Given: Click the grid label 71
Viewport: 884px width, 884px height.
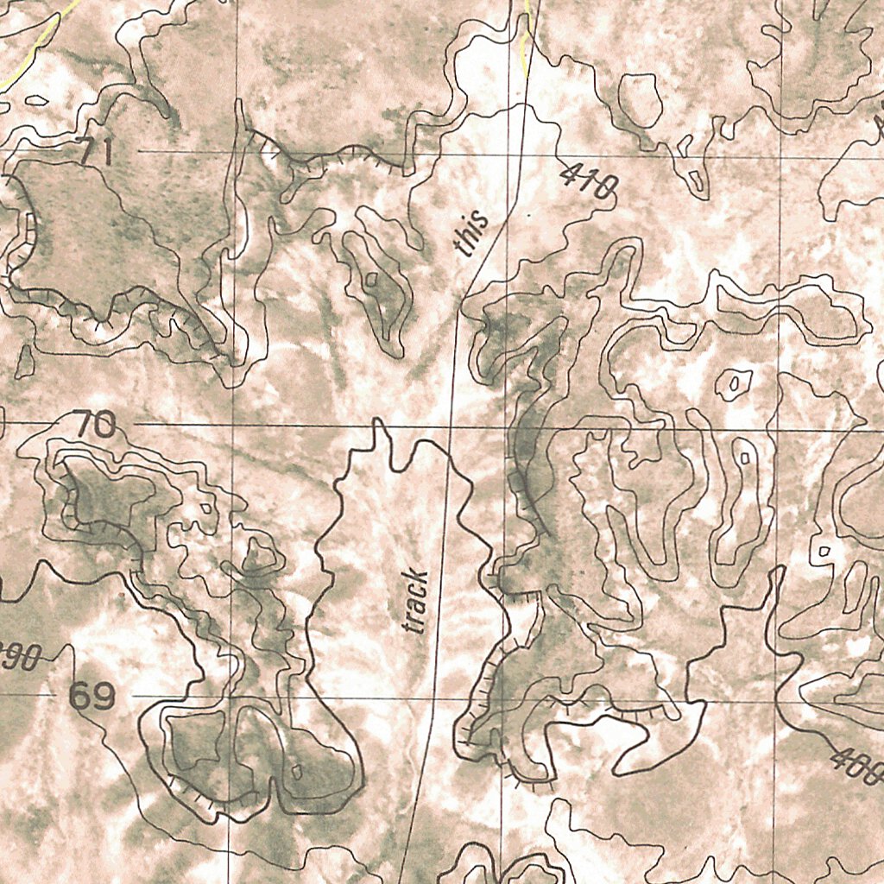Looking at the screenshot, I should (x=96, y=153).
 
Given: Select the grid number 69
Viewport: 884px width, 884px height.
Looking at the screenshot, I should (x=92, y=697).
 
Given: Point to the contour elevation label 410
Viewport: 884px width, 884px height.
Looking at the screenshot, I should (x=589, y=181).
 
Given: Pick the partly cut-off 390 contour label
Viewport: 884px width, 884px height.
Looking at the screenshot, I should (x=19, y=659).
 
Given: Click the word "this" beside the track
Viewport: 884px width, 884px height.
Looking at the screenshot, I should (x=471, y=235).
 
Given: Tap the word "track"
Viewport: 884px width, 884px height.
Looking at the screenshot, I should (x=416, y=601).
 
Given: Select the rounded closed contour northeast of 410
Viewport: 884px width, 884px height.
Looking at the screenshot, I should (x=641, y=98).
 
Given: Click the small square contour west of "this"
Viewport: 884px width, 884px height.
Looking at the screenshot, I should (x=371, y=279).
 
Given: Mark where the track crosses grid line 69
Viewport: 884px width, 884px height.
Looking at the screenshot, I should (x=423, y=697).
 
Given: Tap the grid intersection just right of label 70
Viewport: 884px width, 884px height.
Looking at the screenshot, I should (x=234, y=426).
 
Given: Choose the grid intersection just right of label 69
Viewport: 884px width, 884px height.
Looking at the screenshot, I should (x=230, y=697).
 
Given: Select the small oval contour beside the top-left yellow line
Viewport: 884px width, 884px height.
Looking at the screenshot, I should (x=36, y=101).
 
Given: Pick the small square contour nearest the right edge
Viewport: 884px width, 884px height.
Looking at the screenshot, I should (x=824, y=551).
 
